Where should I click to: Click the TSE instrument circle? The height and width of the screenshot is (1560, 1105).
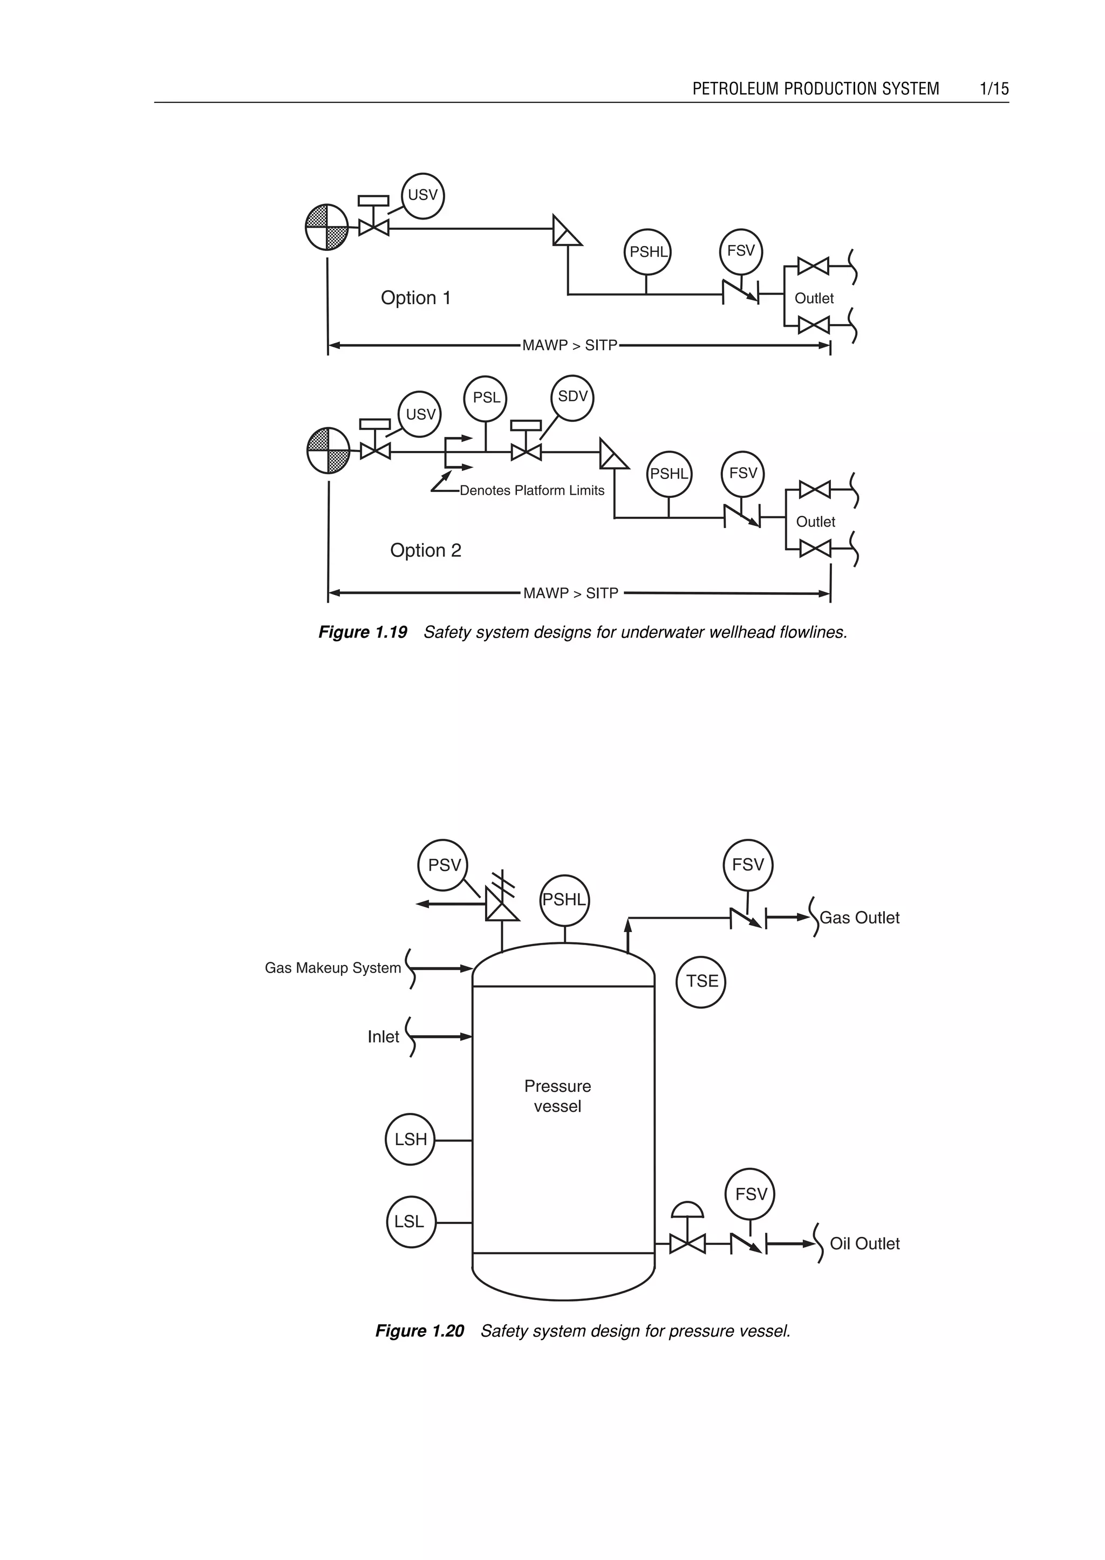click(701, 982)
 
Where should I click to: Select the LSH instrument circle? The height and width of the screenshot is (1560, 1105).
click(410, 1140)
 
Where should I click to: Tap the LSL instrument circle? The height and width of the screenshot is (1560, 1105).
click(410, 1222)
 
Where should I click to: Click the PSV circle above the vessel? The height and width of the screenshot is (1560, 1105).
click(443, 865)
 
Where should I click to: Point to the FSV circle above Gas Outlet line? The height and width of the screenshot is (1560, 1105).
click(748, 865)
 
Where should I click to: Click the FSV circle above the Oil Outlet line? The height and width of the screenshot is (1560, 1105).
click(750, 1194)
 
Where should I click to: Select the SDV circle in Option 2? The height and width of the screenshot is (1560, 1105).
click(572, 398)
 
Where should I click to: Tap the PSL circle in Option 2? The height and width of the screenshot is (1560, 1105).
click(485, 398)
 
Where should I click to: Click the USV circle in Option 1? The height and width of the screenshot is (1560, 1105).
click(422, 196)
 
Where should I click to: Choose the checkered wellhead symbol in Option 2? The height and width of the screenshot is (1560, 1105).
click(329, 450)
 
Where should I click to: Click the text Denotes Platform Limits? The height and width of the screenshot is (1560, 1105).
click(531, 490)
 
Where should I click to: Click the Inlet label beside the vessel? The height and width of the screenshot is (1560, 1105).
click(383, 1037)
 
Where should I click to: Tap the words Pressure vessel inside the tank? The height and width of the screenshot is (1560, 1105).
click(557, 1096)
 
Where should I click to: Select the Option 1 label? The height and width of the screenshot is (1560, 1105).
click(416, 298)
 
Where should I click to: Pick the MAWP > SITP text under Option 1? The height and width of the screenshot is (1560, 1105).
click(570, 346)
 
